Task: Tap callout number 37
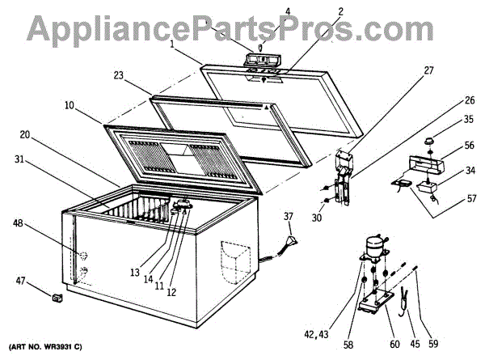(x=289, y=217)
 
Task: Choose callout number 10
(x=70, y=105)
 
